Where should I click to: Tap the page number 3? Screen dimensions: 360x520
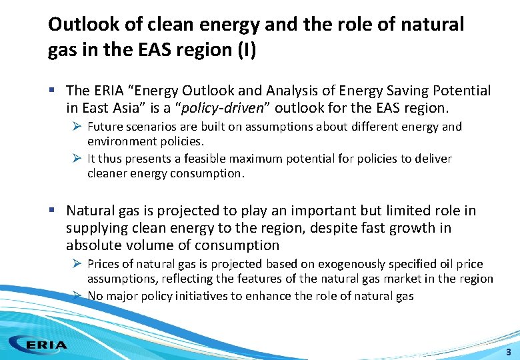pos(509,352)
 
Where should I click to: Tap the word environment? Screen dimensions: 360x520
pos(118,141)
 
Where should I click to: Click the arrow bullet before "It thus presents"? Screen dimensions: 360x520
pos(77,159)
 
